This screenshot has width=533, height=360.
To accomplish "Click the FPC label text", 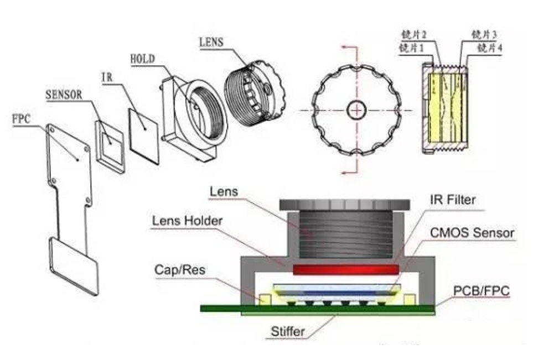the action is [x=21, y=119].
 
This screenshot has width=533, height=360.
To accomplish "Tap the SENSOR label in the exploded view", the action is [x=64, y=95].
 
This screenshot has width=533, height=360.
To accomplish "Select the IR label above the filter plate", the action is [x=107, y=77].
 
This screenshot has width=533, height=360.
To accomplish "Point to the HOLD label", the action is [x=142, y=59].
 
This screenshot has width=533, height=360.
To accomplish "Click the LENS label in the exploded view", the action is [x=211, y=42].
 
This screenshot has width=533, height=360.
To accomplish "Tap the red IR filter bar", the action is [x=345, y=270].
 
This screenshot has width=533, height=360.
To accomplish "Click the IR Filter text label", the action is [x=453, y=200].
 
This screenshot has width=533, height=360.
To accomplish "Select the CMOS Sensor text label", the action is [x=472, y=233].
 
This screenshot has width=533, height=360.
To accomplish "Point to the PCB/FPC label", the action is [x=482, y=291].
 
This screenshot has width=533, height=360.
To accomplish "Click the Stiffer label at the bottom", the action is [x=288, y=331].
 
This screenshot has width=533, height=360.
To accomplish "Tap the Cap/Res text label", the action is [x=180, y=270].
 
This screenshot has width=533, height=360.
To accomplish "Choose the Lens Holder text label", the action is [x=187, y=221].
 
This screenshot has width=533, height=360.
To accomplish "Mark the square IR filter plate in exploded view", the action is [x=144, y=136].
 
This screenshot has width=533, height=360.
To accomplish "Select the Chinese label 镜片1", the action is [x=411, y=48].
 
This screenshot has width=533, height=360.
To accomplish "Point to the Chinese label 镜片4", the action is [x=489, y=48].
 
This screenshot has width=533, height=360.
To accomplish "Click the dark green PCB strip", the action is [x=318, y=308].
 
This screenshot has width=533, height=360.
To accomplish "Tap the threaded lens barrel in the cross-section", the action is [x=345, y=234].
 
